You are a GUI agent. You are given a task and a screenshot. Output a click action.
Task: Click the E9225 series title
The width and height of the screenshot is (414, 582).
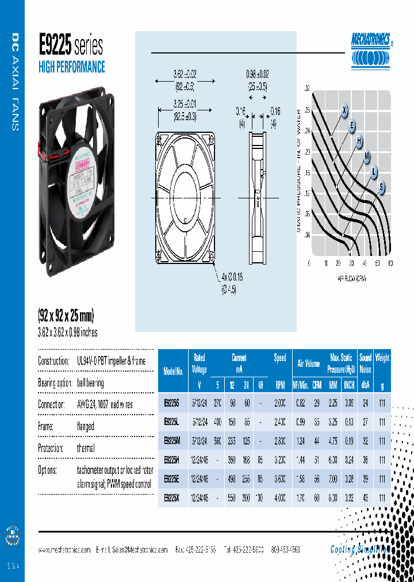coord(70,45)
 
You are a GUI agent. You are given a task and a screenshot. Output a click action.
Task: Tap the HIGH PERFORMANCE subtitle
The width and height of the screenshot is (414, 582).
coord(71,67)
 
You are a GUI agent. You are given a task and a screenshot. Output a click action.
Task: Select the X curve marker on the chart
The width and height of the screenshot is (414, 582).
coord(345,110)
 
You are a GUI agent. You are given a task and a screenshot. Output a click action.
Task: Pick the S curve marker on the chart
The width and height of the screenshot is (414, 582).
coord(381,186)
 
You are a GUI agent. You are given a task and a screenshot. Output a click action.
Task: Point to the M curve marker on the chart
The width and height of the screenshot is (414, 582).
coord(366,156)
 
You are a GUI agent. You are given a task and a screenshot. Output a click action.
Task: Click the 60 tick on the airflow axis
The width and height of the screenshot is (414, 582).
coord(390,263)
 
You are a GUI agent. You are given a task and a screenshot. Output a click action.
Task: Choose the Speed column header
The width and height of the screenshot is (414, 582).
coord(280,358)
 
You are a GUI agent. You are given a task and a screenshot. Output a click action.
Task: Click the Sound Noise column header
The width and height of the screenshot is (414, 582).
coord(365,364)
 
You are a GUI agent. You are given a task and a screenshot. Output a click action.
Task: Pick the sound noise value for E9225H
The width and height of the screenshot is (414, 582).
coord(365,460)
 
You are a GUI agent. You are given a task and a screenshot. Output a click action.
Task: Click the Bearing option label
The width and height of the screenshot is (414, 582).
coord(55,383)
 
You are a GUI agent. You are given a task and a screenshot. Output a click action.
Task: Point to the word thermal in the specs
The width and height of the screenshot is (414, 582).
coord(86,448)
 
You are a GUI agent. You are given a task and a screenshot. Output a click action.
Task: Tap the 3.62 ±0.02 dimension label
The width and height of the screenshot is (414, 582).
coord(185,74)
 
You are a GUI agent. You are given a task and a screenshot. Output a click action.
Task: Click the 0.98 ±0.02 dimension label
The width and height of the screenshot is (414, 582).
coord(257,74)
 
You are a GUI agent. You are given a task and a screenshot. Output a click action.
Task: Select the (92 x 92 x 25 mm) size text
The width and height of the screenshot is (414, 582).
coord(66,316)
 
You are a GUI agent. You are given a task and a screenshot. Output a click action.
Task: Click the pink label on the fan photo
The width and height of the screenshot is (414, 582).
coord(86,173)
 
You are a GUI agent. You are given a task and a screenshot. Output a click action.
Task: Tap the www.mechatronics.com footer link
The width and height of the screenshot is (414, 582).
coord(64,550)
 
